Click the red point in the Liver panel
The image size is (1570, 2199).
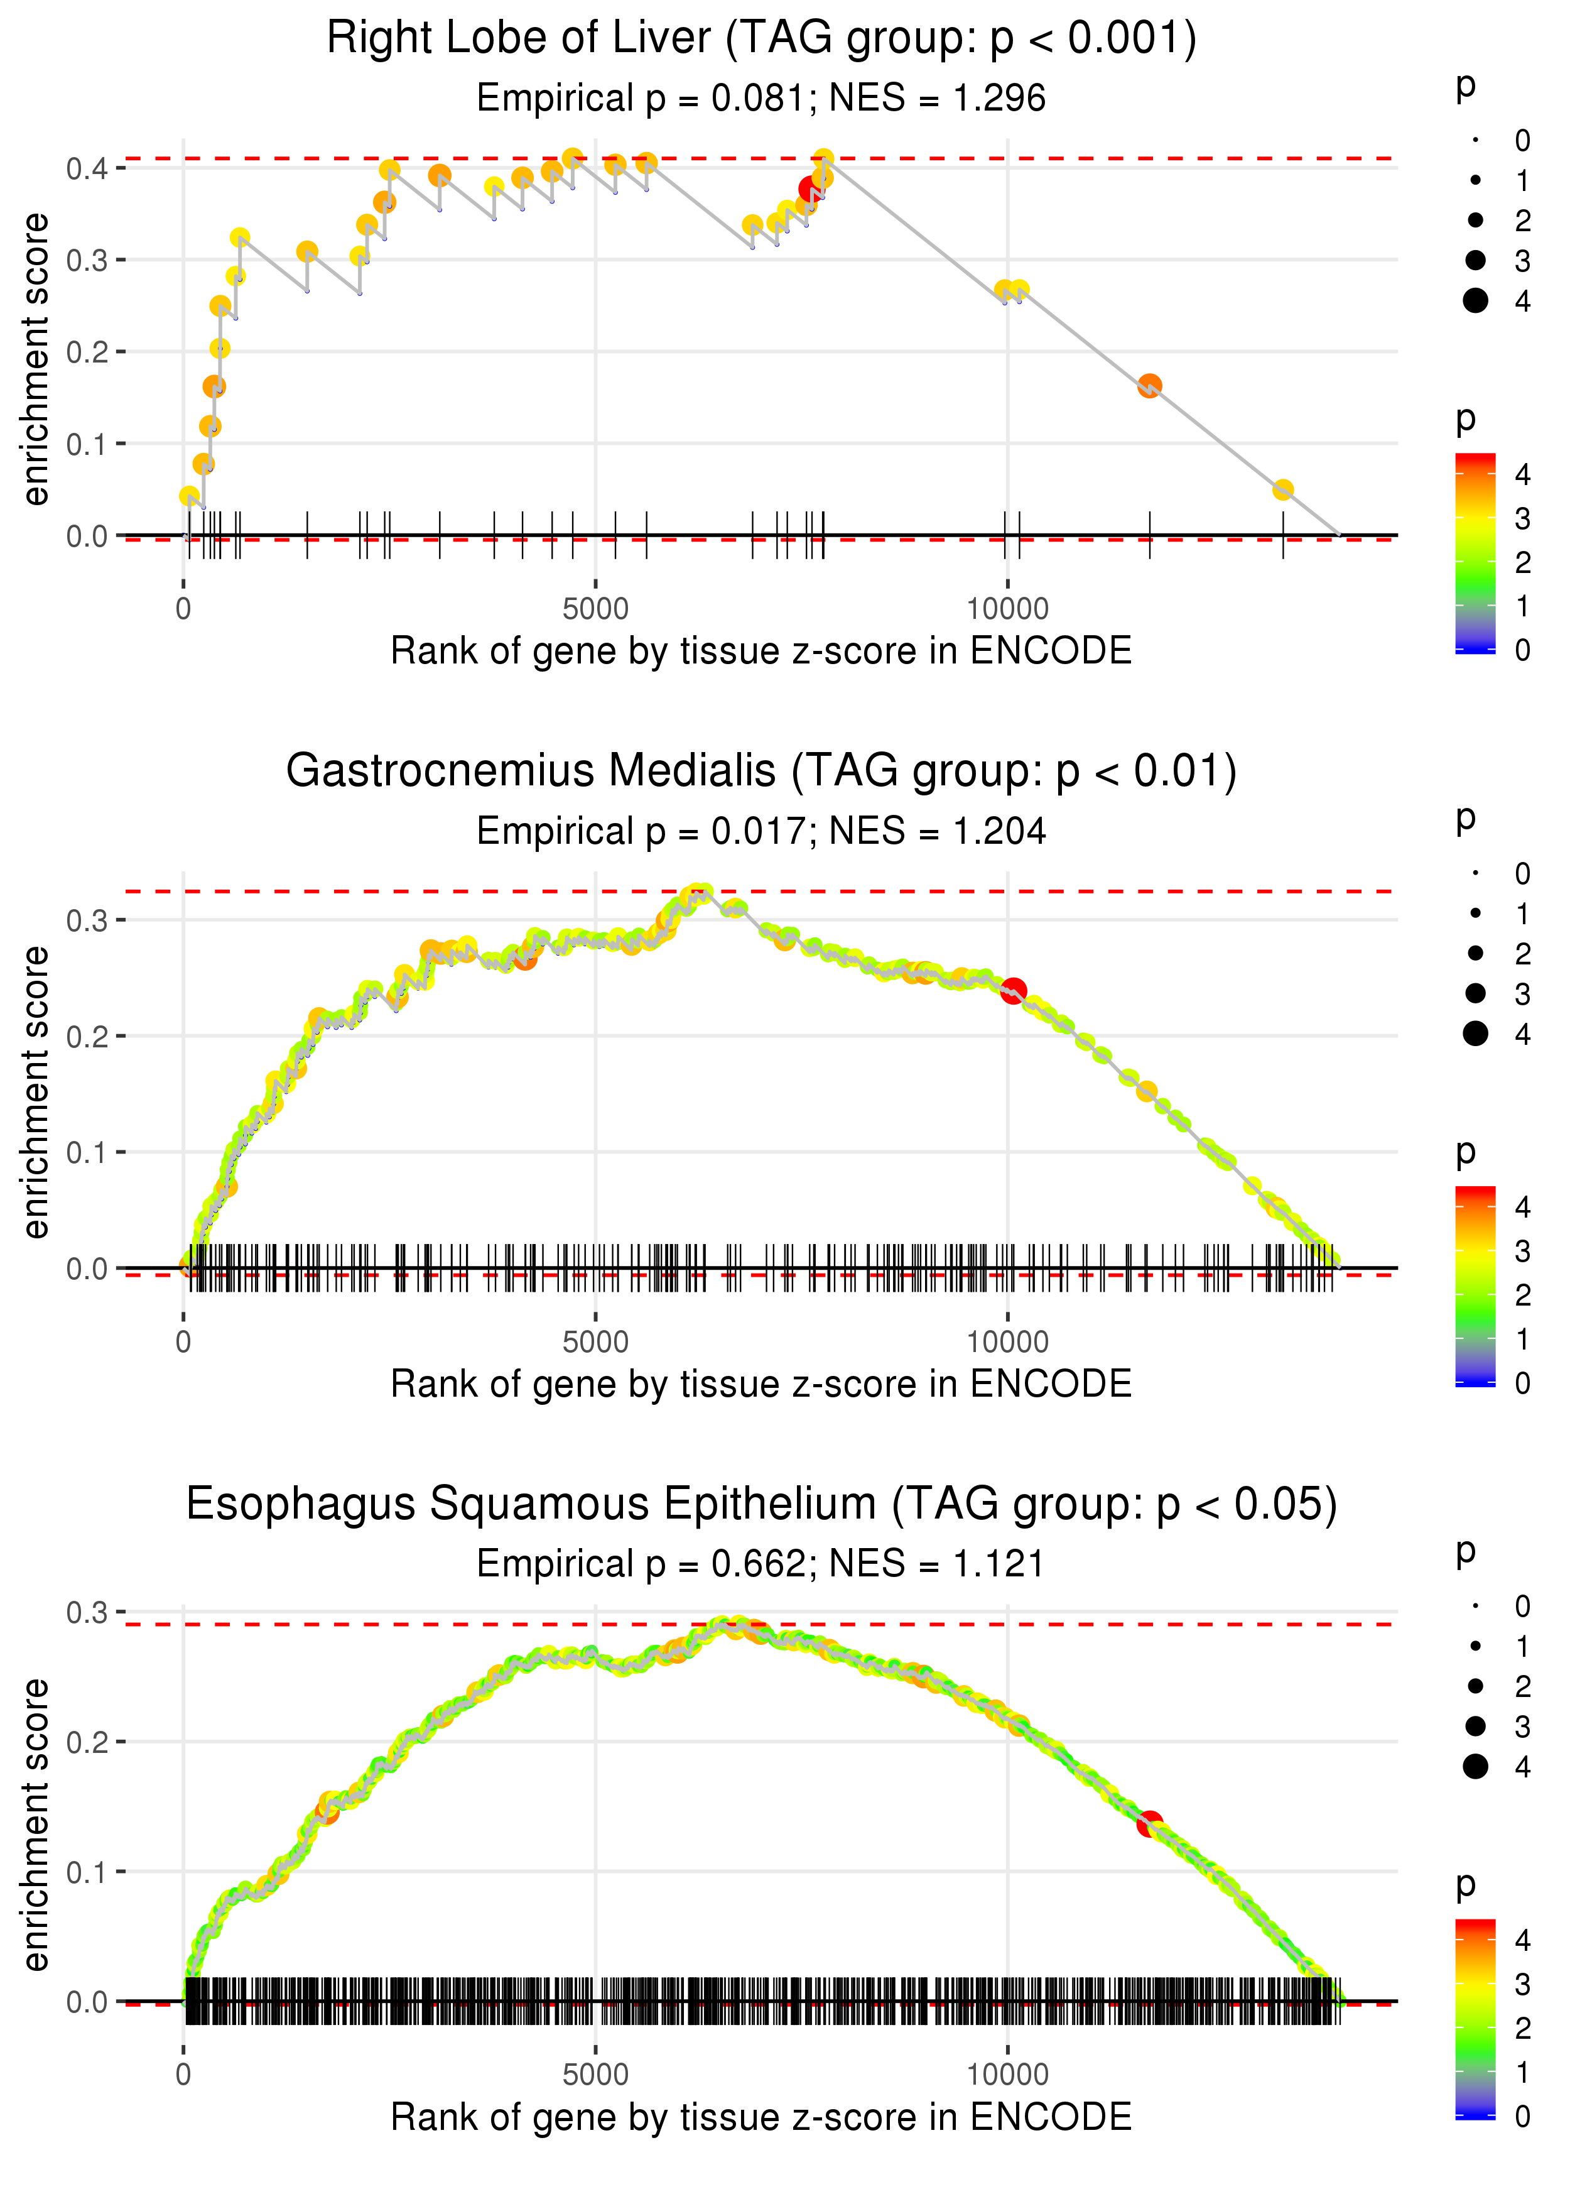point(810,188)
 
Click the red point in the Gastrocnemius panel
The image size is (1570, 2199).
point(1013,990)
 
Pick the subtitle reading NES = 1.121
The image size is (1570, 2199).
point(761,1564)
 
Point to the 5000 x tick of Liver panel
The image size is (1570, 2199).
point(595,609)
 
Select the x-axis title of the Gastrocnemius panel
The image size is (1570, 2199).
point(761,1385)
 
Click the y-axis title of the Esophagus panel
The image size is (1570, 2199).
point(36,1825)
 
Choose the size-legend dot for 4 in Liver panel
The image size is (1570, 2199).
point(1475,301)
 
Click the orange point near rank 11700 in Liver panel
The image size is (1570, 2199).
point(1149,386)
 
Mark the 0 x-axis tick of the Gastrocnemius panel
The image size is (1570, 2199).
point(183,1342)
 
